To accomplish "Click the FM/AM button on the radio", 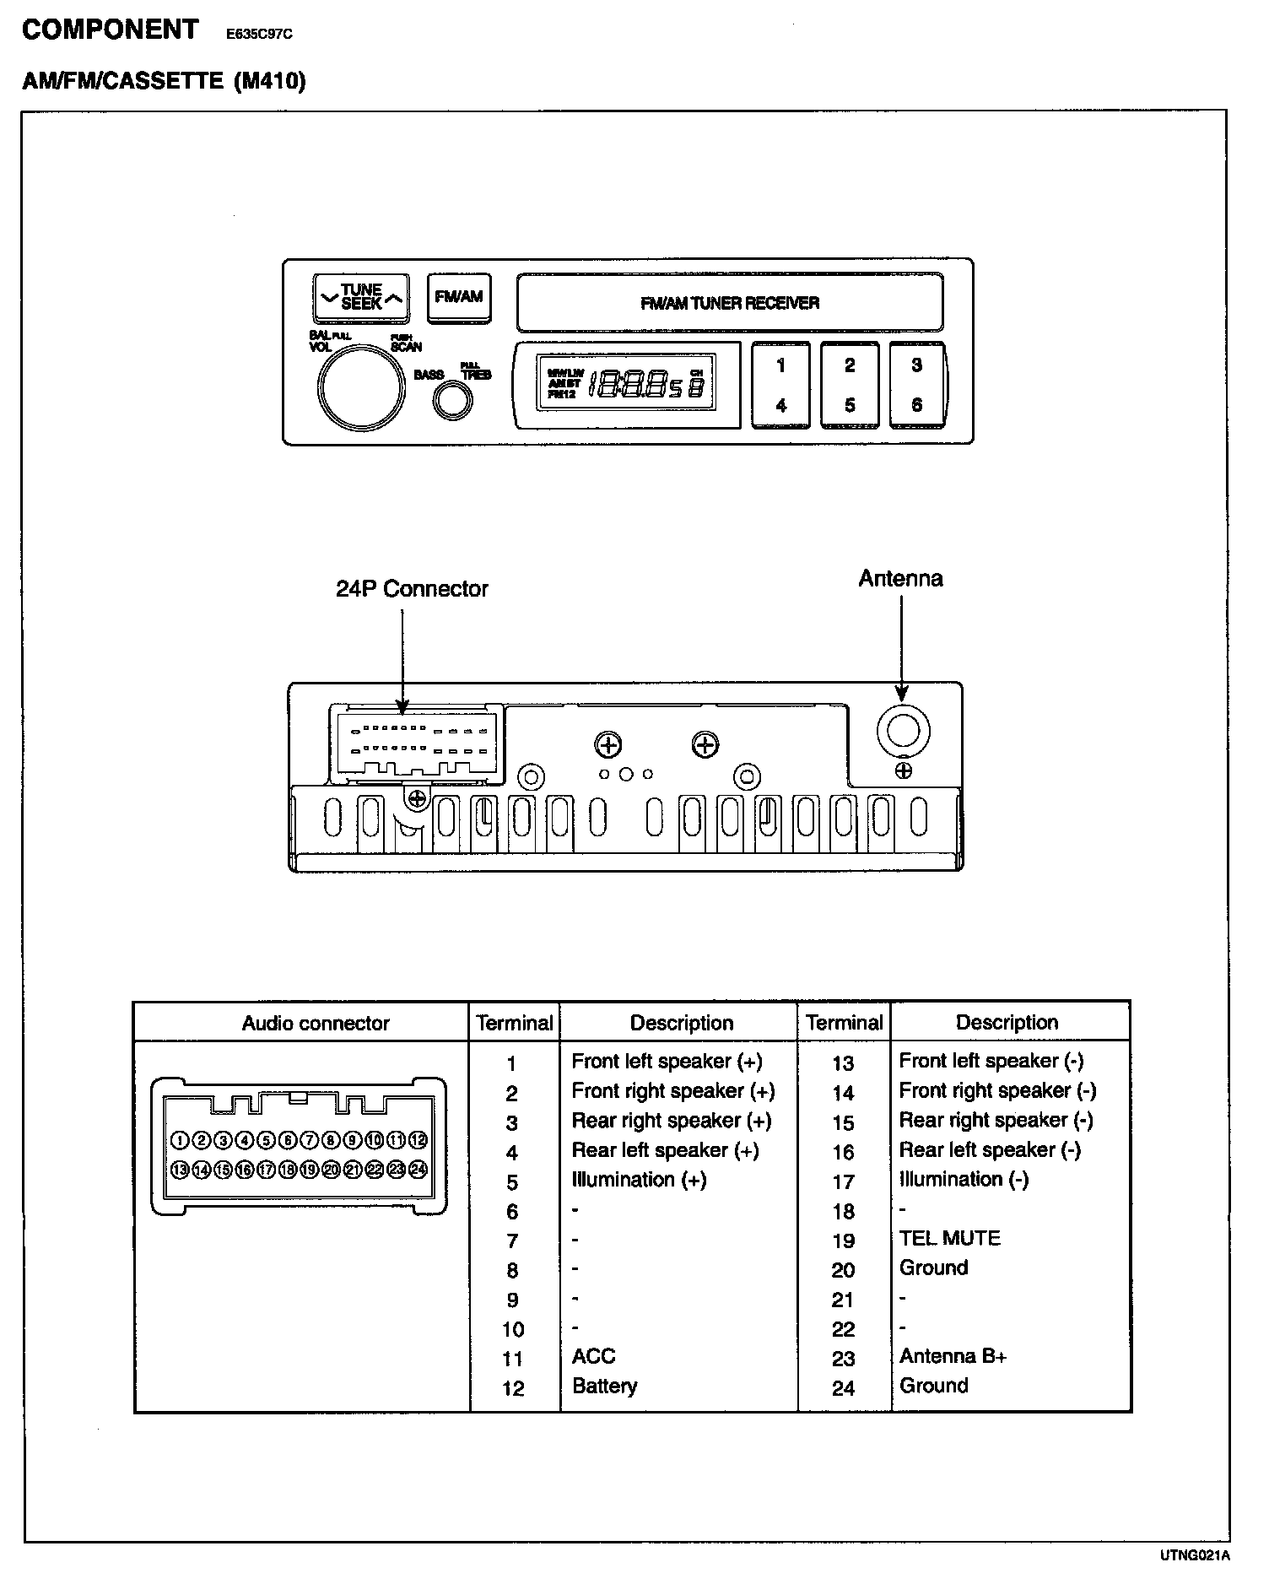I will tap(459, 297).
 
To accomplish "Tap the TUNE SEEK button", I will tap(361, 297).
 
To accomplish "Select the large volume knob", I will tap(359, 386).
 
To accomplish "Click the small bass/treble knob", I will tap(452, 401).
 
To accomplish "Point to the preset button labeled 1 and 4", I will tap(780, 385).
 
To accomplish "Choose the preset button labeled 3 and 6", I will tap(917, 385).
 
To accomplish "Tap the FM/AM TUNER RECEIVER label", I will tap(730, 303).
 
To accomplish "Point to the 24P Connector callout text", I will tap(412, 589).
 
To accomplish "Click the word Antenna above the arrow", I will tap(900, 579).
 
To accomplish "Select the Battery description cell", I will tap(604, 1386).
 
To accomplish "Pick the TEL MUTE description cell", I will tap(949, 1238).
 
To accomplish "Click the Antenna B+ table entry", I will tap(953, 1356).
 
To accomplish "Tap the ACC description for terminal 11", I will tap(593, 1356).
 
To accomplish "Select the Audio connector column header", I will tap(316, 1024).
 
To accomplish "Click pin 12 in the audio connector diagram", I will tap(418, 1141).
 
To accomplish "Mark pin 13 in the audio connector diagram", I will tap(180, 1170).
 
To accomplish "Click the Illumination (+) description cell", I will tap(639, 1180).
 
